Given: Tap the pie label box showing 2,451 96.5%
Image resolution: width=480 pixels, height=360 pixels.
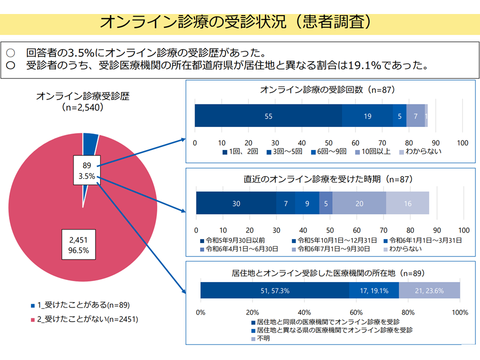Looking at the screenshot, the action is coord(78,244).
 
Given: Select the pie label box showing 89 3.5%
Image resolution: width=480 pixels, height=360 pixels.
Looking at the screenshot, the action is coord(87,170).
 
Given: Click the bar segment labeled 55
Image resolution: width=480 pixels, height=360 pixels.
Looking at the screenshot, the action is coord(268,115).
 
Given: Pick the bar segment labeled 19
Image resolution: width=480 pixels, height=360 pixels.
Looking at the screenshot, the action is coord(367,115).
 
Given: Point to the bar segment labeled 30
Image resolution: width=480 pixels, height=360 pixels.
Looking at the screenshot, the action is coord(236,203).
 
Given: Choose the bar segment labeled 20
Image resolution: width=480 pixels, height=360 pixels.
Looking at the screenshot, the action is coord(359,203).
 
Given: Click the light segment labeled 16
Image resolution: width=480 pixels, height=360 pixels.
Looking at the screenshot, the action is coord(407,203).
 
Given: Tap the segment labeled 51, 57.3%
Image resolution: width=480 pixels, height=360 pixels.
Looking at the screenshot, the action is coord(274,290).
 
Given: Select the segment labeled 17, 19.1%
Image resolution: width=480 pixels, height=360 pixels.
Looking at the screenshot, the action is coord(374,290).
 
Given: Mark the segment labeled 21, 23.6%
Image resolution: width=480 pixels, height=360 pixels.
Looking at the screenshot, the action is coord(429,290).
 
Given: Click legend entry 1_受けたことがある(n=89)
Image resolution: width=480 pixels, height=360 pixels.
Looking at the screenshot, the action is coord(80,305).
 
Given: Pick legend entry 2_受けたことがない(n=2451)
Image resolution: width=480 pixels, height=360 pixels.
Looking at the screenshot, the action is coord(84,319).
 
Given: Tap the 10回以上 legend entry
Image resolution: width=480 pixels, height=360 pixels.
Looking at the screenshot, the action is coord(373,151).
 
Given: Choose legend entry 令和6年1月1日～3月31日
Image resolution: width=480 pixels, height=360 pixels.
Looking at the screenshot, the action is coord(423,240).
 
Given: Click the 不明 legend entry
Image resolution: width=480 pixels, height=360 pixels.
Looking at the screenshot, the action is coord(260,338).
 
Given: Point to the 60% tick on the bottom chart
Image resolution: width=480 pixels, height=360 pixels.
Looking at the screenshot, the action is coord(356,312).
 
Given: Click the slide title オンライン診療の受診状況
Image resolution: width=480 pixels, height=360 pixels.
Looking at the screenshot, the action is coord(193,22).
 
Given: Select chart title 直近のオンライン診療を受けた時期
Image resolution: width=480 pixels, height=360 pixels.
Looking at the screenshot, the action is coord(312,179).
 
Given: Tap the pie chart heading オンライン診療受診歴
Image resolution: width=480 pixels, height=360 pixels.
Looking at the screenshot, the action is coord(82,96).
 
